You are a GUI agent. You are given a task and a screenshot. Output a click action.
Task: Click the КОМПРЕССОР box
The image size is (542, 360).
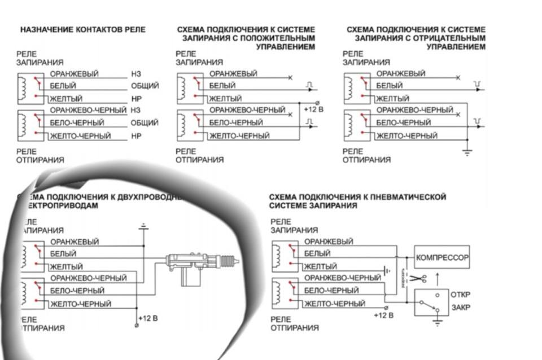click(443, 257)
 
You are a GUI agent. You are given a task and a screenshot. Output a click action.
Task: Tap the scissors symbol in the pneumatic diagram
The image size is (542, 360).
click(417, 278)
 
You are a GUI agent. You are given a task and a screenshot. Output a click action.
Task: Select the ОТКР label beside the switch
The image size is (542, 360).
click(461, 295)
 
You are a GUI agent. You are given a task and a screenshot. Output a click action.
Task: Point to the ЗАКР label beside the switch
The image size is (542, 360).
click(460, 308)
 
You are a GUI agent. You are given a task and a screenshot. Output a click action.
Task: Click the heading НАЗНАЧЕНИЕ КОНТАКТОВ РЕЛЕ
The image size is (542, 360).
click(83, 29)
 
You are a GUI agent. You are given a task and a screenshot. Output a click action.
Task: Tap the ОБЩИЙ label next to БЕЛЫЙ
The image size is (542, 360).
click(145, 86)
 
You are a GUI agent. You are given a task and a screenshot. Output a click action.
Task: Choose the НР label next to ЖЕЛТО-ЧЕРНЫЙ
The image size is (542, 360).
click(135, 136)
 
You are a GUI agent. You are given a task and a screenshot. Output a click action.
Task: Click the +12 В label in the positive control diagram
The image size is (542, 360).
click(313, 109)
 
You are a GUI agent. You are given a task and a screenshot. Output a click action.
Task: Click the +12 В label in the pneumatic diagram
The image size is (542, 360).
click(383, 315)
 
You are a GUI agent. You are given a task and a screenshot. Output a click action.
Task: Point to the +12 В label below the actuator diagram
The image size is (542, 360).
click(148, 318)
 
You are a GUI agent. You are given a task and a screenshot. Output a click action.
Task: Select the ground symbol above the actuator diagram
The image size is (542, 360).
click(143, 227)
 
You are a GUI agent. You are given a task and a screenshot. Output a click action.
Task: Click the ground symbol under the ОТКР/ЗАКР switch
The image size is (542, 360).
click(436, 322)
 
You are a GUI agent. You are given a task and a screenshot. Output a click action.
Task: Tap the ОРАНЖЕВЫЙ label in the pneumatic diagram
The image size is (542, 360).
click(328, 242)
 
